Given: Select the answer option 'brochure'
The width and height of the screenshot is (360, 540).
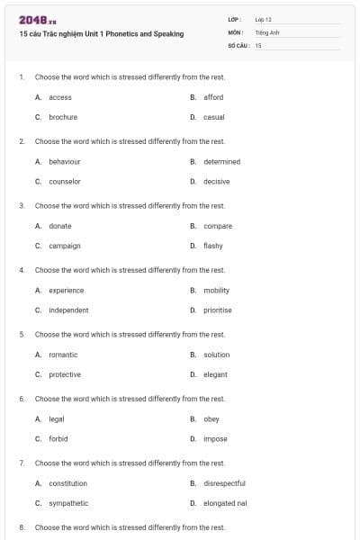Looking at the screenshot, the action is [63, 117].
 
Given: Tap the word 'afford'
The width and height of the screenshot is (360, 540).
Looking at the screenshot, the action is [213, 97].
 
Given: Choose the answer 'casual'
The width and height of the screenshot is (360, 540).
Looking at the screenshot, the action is [214, 117].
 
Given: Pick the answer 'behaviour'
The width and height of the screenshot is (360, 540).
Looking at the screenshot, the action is [65, 162].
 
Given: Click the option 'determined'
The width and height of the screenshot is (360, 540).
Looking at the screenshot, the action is [221, 162].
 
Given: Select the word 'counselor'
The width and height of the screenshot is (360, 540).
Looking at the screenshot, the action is [65, 181].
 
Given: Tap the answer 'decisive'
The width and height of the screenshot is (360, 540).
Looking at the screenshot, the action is [217, 181].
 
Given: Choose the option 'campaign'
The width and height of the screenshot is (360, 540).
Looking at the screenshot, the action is [65, 246].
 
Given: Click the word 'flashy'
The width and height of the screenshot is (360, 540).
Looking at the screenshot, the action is [213, 246].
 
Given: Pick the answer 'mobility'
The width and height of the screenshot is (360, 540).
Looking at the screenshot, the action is [217, 291].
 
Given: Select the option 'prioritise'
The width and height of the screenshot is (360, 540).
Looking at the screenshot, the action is [218, 310].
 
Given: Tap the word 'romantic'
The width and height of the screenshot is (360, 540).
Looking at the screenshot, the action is [63, 355].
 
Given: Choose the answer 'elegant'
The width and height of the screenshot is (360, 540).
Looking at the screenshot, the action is [216, 374].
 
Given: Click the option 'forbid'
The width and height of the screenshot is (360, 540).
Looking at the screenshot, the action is [58, 439].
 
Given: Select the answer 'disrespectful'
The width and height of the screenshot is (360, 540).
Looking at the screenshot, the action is [224, 483].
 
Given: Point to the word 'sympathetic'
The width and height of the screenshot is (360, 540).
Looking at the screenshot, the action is [68, 503].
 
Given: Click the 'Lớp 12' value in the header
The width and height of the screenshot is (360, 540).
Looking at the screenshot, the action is [264, 19].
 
